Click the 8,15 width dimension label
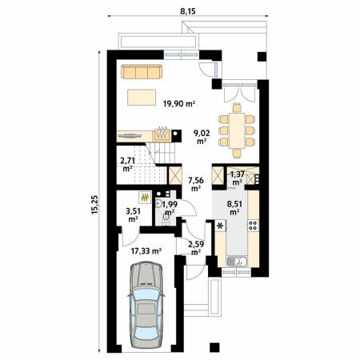tap(188, 11)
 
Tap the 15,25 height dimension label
tap(94, 205)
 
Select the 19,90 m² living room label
tap(179, 103)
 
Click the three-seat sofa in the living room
tap(142, 71)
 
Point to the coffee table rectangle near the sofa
tap(142, 98)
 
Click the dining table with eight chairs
tap(237, 130)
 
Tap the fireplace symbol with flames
tap(162, 134)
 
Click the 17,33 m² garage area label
tap(146, 250)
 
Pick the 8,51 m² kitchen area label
tap(234, 208)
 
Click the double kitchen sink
tap(237, 262)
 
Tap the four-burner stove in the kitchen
tap(253, 226)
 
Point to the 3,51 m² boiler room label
tap(133, 215)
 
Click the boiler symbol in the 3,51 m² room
tap(145, 198)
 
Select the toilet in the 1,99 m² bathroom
tap(166, 221)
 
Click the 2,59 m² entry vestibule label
tap(196, 248)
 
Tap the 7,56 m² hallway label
tap(196, 184)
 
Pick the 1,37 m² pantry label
tap(237, 178)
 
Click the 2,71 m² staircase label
tap(128, 164)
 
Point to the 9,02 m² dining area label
tap(202, 137)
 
